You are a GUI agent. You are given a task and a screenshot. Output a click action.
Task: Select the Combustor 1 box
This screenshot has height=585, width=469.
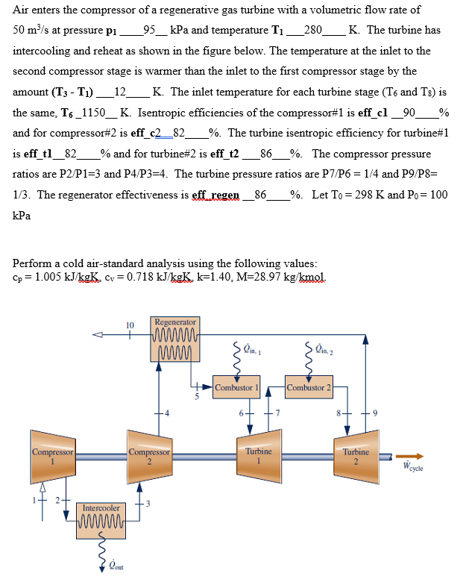(x=236, y=387)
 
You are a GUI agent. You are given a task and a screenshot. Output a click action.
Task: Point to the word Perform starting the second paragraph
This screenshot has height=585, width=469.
(x=33, y=263)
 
